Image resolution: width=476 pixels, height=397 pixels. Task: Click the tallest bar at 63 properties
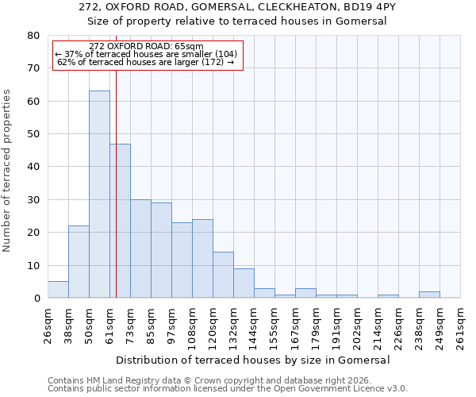point(99,195)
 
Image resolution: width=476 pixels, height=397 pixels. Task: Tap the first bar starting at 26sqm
point(58,290)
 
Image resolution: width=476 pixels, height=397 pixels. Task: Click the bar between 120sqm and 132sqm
point(223,275)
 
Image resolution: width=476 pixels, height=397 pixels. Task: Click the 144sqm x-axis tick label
point(255,325)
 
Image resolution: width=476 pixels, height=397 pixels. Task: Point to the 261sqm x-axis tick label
point(461,325)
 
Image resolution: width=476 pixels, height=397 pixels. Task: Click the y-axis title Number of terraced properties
point(7,170)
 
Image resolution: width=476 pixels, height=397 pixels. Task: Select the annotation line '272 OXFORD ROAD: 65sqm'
point(147,47)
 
